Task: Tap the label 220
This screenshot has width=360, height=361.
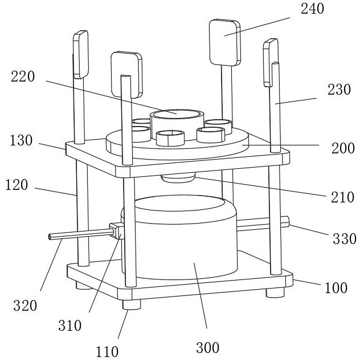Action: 23,78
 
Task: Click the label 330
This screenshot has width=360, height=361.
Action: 345,238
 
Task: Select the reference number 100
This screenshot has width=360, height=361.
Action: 336,287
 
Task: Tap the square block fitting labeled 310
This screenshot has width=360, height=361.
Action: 116,231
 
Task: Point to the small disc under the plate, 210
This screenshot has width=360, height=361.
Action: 178,179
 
